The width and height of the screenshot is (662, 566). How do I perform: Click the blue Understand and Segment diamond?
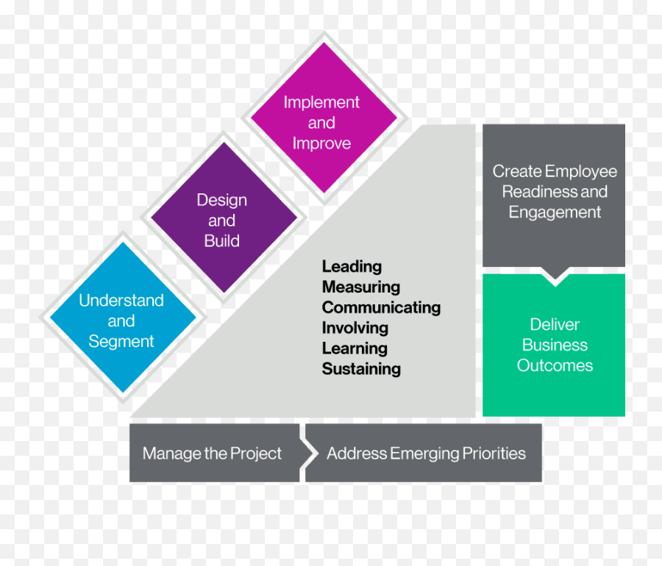[121, 320]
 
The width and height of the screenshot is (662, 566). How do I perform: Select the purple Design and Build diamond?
[222, 220]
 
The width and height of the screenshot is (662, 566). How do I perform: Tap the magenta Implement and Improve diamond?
[321, 122]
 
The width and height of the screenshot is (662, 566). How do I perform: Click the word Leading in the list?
[352, 266]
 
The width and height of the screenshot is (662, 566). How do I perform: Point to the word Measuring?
[360, 287]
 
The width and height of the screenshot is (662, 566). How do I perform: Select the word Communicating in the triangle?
[381, 307]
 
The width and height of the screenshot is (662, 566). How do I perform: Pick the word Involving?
[355, 328]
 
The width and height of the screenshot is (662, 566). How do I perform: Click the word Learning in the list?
[355, 348]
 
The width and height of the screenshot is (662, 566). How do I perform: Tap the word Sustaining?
[361, 368]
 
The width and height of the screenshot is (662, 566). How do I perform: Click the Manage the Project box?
[212, 453]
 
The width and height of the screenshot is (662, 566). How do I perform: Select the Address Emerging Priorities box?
[426, 453]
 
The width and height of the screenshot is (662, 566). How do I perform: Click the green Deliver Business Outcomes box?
[554, 345]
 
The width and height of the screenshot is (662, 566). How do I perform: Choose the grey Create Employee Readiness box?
[554, 192]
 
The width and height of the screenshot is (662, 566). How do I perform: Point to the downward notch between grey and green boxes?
[554, 276]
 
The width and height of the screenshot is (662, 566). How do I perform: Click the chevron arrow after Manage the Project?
[308, 453]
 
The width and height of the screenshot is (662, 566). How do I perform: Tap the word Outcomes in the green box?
[555, 365]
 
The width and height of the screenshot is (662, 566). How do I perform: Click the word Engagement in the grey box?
[555, 212]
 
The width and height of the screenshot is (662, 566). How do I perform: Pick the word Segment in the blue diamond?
[121, 341]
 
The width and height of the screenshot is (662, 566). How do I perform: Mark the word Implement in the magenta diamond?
[321, 102]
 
